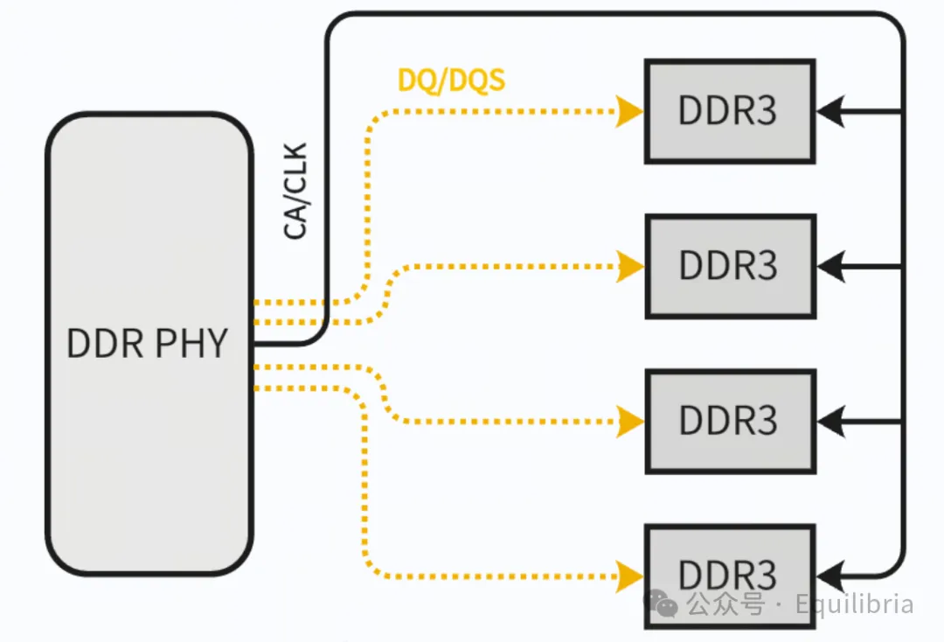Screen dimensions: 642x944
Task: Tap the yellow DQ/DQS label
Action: click(x=451, y=80)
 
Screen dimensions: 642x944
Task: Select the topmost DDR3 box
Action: click(x=730, y=111)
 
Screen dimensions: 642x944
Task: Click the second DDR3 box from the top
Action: click(x=730, y=266)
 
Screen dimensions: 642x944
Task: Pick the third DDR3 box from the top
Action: click(x=730, y=421)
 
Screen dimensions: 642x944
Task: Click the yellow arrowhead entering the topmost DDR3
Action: click(x=629, y=111)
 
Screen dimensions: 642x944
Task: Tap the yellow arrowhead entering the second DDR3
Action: click(x=629, y=266)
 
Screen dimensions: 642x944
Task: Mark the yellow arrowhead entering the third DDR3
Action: click(x=629, y=421)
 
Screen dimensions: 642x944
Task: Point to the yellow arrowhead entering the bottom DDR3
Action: click(x=629, y=576)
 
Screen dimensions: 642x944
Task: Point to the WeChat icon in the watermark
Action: click(x=662, y=604)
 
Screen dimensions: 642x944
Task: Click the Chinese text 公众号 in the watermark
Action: click(x=725, y=604)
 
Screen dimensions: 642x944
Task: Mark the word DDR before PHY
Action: click(x=104, y=344)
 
